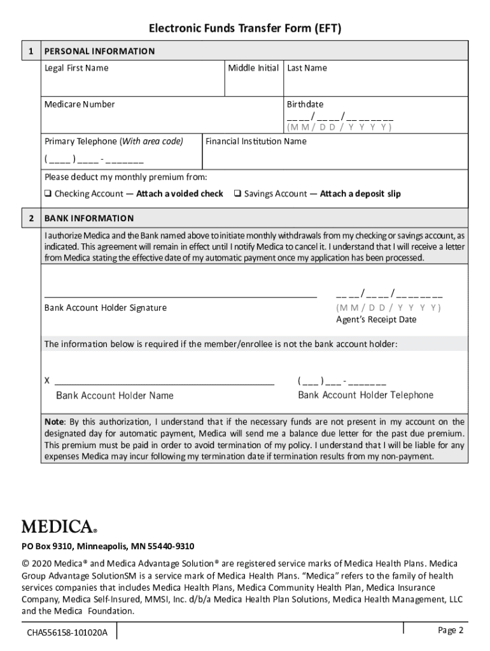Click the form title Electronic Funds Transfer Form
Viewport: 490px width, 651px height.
tap(245, 29)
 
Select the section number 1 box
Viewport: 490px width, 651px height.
tap(30, 51)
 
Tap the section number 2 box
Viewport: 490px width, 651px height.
tap(30, 218)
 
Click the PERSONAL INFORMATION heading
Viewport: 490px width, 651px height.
tap(99, 51)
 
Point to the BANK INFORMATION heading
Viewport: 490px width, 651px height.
tap(89, 218)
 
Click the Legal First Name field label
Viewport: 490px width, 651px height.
tap(76, 68)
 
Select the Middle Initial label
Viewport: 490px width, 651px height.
tap(253, 68)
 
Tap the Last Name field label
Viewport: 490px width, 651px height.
tap(307, 68)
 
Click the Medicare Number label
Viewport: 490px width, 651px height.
tap(80, 104)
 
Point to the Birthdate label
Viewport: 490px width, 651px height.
tap(305, 104)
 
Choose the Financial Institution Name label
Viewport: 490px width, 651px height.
tap(256, 141)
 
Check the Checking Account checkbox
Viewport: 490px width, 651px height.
tap(48, 194)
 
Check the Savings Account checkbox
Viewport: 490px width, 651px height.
tap(237, 194)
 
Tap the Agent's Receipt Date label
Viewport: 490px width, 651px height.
tap(376, 319)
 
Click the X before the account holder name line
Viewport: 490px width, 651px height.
tap(47, 381)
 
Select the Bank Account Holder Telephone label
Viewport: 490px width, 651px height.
tap(365, 395)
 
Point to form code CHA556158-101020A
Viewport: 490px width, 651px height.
tap(67, 633)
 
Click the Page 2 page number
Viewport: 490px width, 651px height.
tap(451, 630)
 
